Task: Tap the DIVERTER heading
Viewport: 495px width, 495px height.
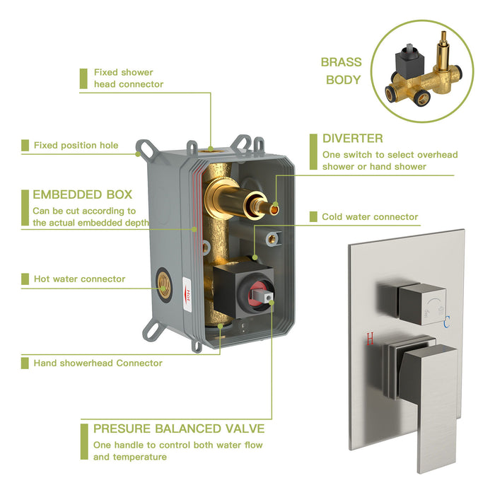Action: coord(353,138)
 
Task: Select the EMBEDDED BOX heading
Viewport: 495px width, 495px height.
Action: coord(82,194)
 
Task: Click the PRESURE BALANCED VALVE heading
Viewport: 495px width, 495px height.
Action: coord(179,429)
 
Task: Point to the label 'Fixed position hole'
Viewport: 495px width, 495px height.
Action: coord(76,146)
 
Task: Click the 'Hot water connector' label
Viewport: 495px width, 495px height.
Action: coord(79,279)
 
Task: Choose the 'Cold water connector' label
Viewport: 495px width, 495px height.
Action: coord(369,217)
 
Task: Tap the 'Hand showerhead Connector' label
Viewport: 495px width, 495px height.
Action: coord(98,363)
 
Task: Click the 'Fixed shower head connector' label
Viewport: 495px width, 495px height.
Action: coord(128,78)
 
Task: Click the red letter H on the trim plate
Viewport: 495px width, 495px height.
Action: coord(370,339)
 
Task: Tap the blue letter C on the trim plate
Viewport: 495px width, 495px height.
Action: coord(446,324)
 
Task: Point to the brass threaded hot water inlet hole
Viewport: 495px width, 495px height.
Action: coord(163,279)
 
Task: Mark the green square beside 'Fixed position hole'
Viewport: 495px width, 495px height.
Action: coord(25,146)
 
